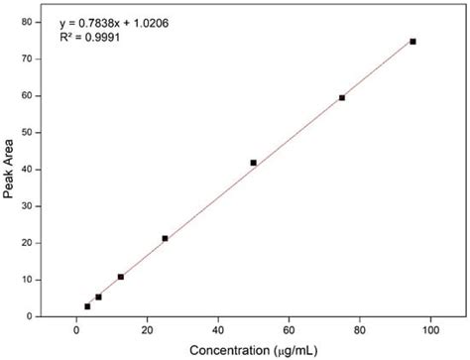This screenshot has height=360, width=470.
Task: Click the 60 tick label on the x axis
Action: [289, 330]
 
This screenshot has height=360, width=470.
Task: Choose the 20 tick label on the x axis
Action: [147, 330]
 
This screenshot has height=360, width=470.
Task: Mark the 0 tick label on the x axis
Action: [76, 330]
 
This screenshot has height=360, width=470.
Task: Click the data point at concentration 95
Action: [412, 42]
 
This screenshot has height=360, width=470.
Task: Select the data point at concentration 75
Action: [342, 97]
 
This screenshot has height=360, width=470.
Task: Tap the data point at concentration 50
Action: [253, 163]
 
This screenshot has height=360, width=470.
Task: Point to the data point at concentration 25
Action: [165, 238]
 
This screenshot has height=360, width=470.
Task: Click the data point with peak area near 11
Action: [121, 277]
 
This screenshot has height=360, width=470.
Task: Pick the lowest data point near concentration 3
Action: [87, 306]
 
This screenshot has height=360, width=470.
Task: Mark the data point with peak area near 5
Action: [98, 297]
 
